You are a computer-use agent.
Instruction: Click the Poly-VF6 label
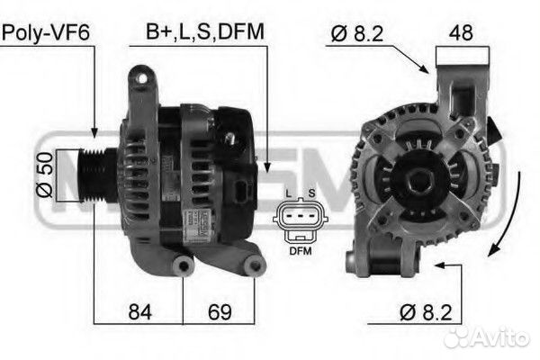(x=46, y=32)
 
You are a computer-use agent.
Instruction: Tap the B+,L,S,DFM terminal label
(x=205, y=32)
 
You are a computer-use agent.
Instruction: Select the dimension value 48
(x=461, y=32)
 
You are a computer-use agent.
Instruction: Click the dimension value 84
(x=139, y=311)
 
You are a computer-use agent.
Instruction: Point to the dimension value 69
(x=220, y=311)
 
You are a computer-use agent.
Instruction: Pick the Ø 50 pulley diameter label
(x=45, y=175)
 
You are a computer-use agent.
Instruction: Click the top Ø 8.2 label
(x=357, y=34)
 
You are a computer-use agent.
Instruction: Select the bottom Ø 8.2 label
(x=426, y=312)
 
